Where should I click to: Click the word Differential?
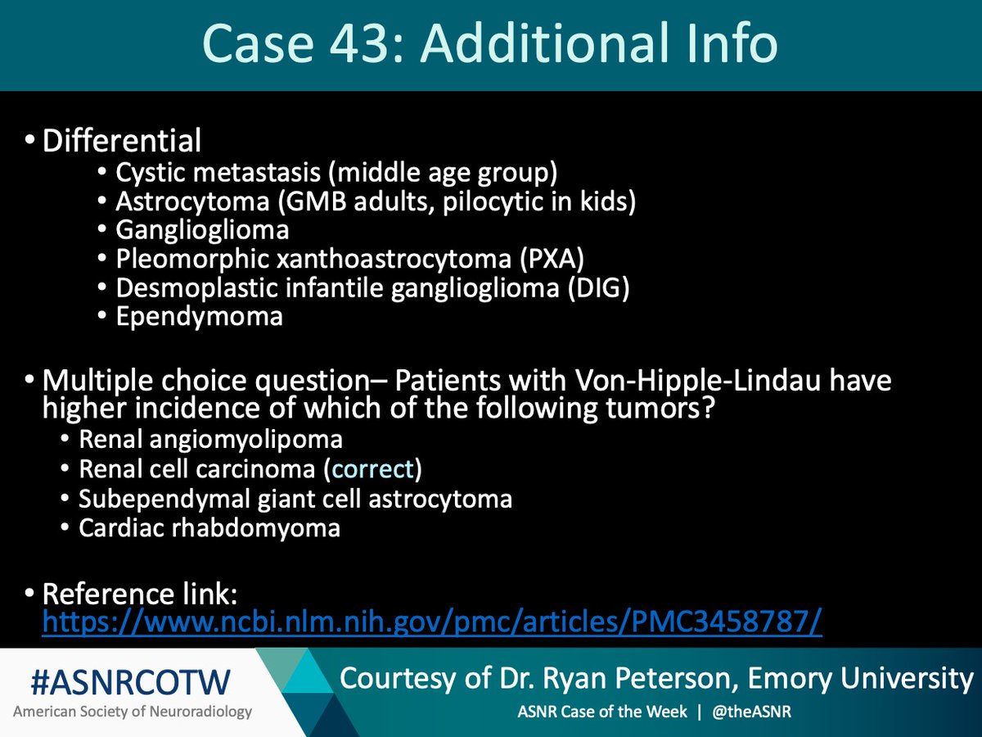pyautogui.click(x=122, y=141)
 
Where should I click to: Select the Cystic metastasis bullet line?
pyautogui.click(x=336, y=173)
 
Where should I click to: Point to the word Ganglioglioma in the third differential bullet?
pyautogui.click(x=202, y=230)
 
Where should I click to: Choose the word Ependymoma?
pyautogui.click(x=199, y=316)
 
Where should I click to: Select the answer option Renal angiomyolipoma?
pyautogui.click(x=210, y=440)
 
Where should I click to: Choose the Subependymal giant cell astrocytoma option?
pyautogui.click(x=295, y=498)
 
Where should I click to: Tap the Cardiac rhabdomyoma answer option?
pyautogui.click(x=209, y=527)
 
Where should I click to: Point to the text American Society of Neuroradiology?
pyautogui.click(x=131, y=712)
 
